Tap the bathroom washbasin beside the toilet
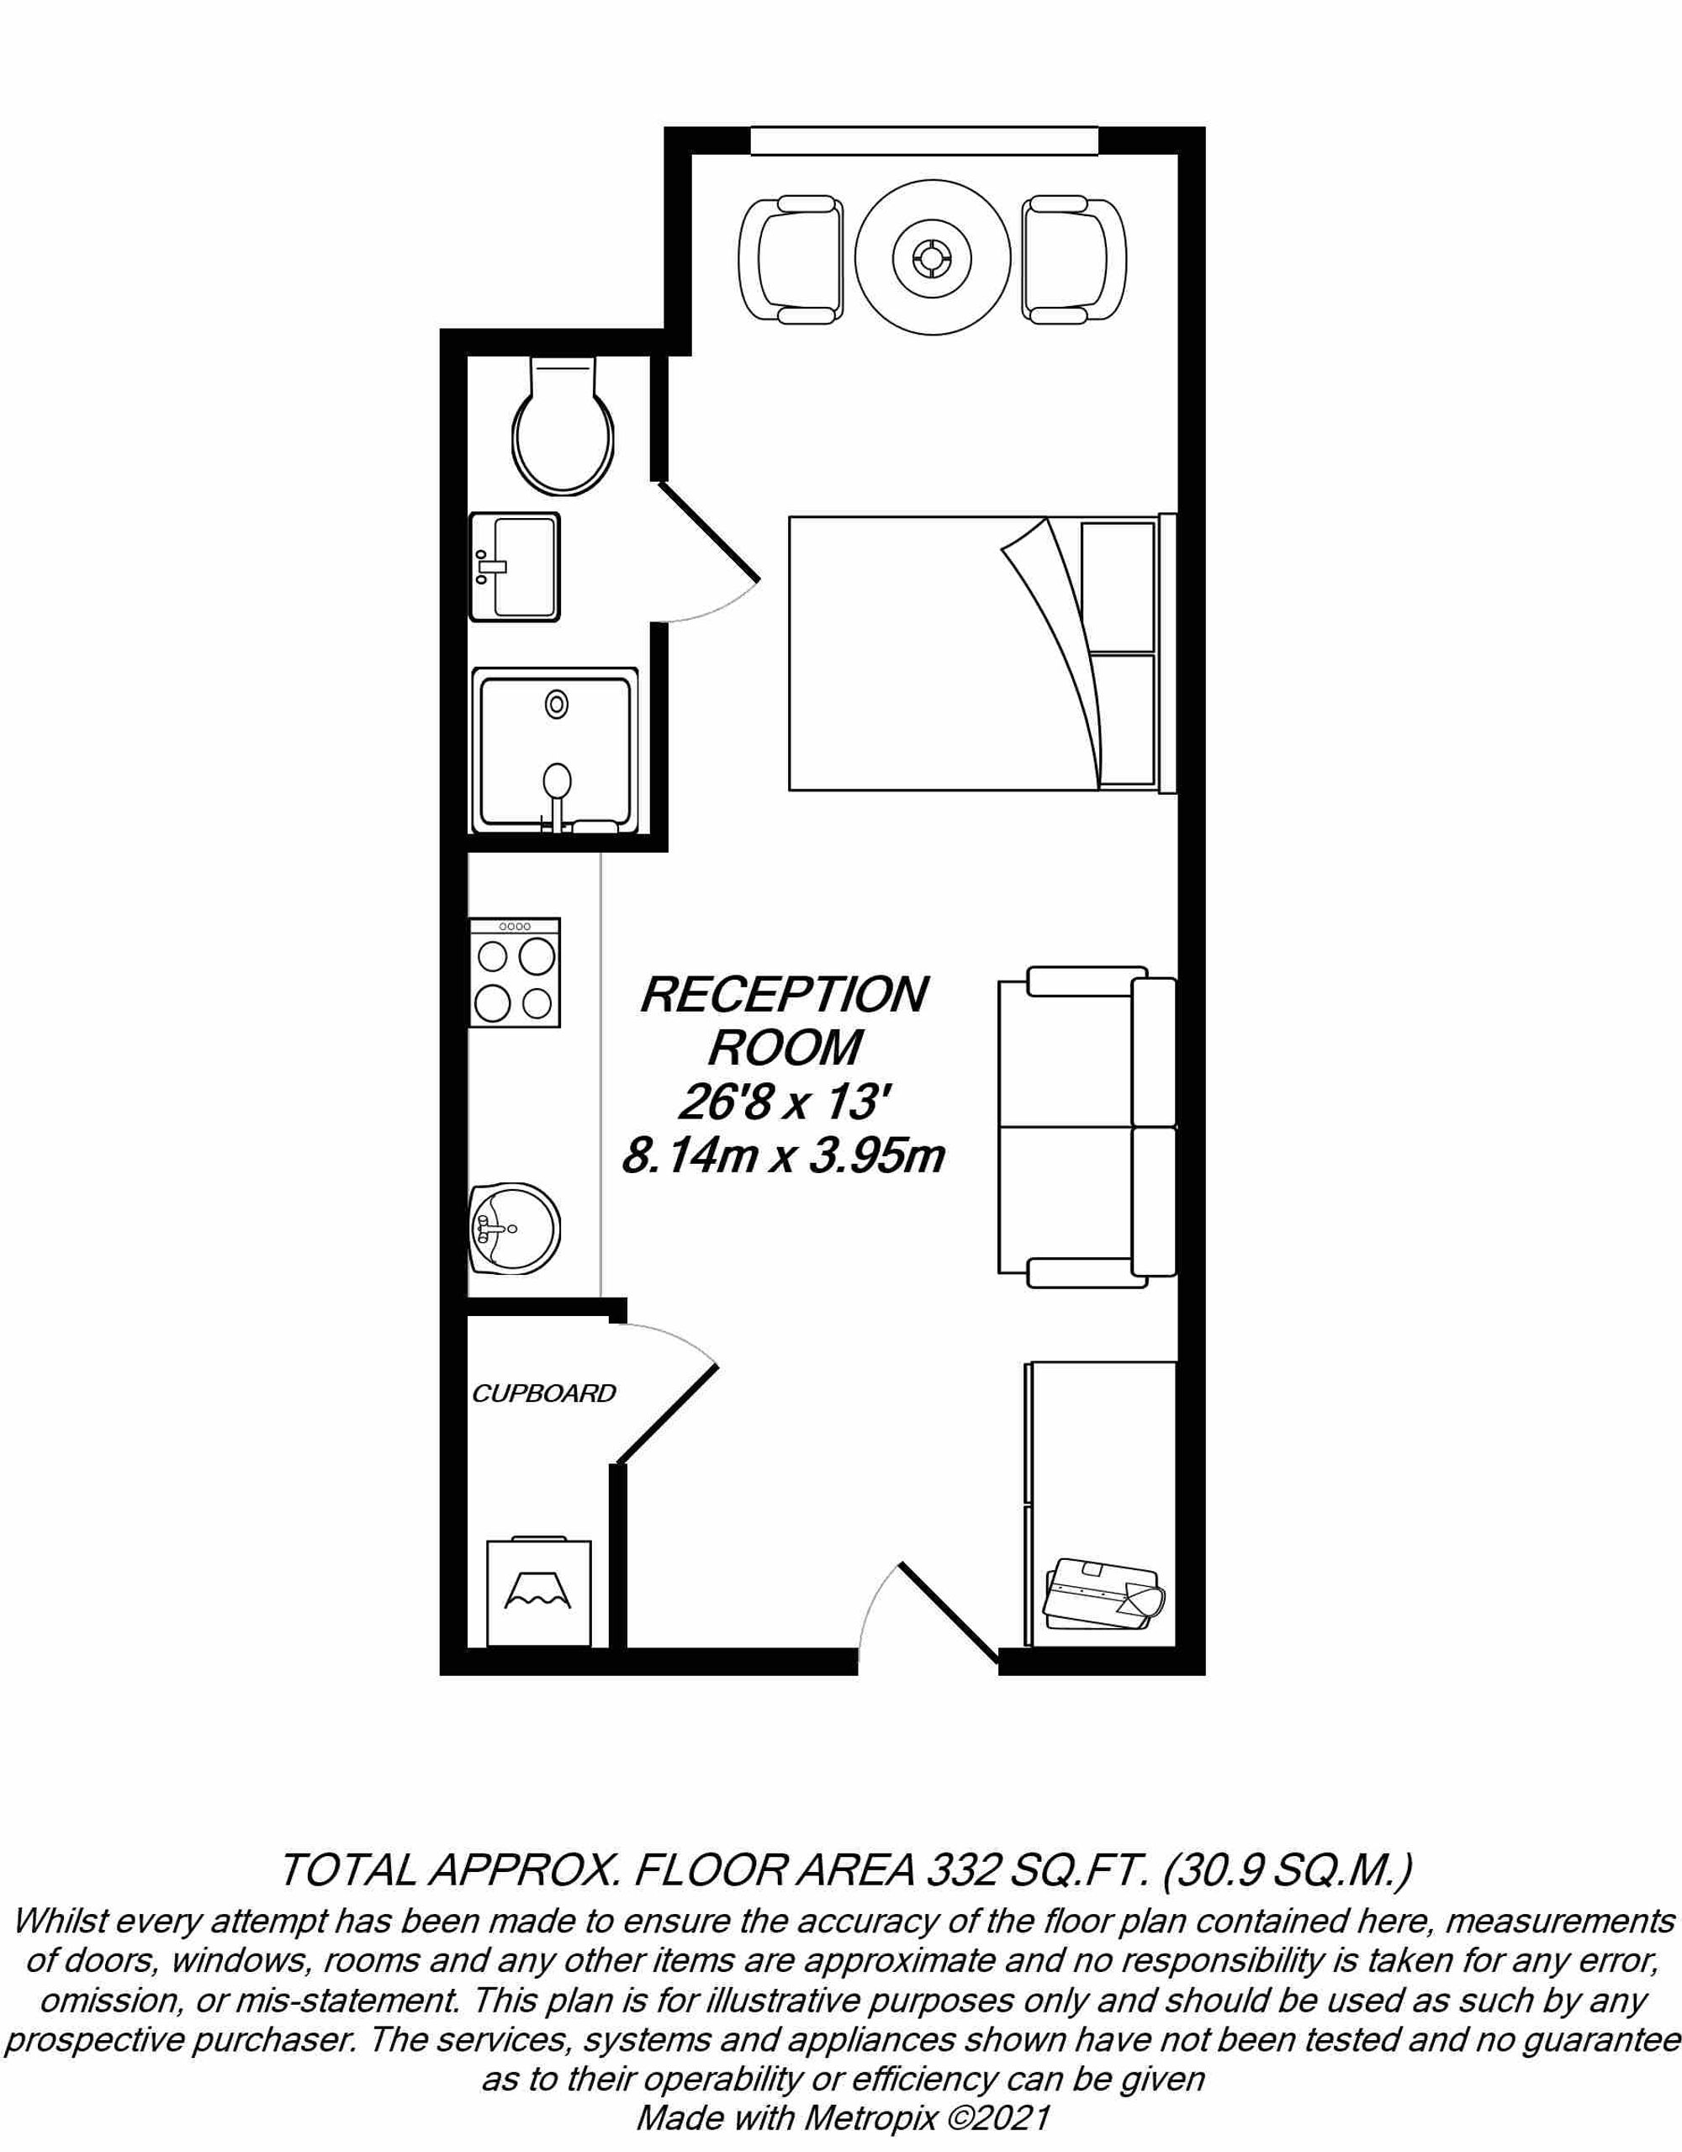(515, 567)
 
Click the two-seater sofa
(1087, 1127)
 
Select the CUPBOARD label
(543, 1393)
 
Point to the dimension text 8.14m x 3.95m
(783, 1158)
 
